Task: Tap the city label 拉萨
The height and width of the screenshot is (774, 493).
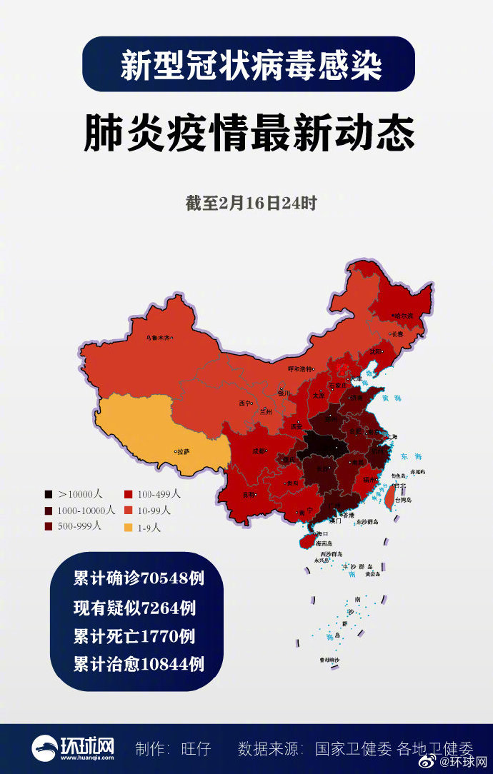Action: click(183, 451)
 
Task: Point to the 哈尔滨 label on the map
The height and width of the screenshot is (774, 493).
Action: click(404, 315)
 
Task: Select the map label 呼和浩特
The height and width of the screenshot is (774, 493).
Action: click(300, 368)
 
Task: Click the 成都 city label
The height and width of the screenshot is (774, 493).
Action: click(258, 451)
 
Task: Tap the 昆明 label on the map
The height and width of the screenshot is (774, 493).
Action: click(249, 494)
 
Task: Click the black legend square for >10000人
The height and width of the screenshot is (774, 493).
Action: click(48, 493)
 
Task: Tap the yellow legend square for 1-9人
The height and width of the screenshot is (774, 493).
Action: click(129, 528)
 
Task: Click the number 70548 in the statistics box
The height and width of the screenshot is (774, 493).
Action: click(166, 578)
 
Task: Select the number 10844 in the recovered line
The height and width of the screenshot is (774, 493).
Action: click(173, 664)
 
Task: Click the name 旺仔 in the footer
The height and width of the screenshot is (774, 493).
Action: click(196, 748)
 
